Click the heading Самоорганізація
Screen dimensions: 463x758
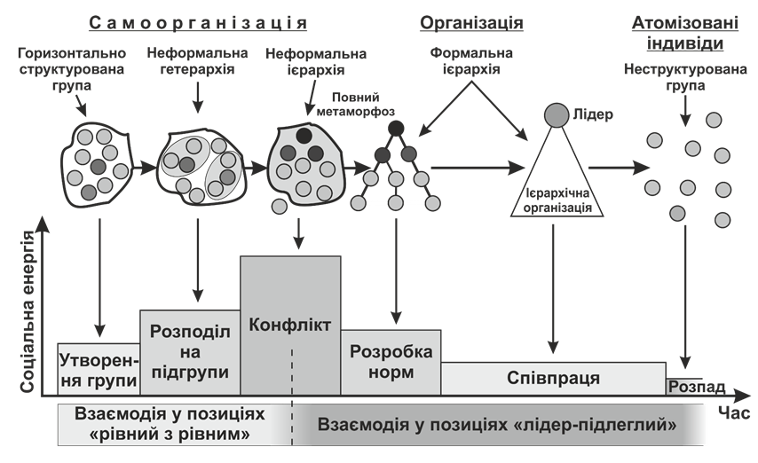pos(199,22)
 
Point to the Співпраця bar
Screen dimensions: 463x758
pos(553,379)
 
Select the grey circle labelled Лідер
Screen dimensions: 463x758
pos(556,114)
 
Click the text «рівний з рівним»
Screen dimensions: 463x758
pos(170,435)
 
